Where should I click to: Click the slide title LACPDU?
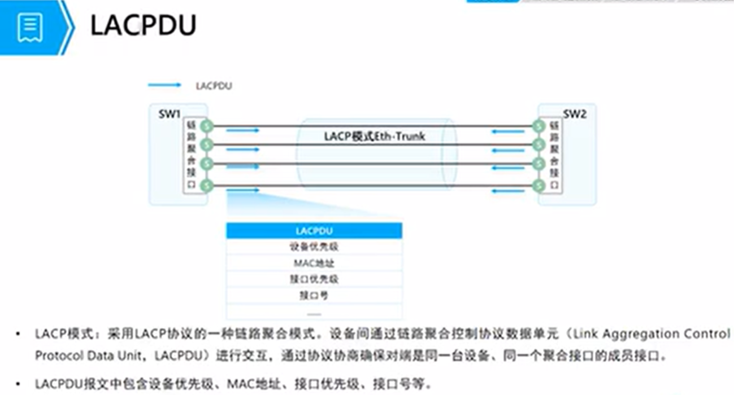coord(144,25)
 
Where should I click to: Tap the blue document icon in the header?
coord(30,28)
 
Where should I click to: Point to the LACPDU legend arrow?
coord(164,85)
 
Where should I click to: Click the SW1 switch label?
coord(170,114)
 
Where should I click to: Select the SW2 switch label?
coord(574,114)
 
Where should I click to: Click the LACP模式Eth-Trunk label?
coord(374,136)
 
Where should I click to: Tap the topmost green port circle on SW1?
coord(207,126)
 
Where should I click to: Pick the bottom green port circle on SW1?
coord(207,185)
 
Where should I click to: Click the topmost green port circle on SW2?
coord(538,126)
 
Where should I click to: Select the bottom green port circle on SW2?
coord(538,185)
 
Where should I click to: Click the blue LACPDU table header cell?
coord(314,231)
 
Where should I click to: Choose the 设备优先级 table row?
coord(314,247)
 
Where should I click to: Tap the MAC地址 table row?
coord(314,263)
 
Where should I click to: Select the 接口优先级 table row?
coord(314,279)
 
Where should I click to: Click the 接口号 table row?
coord(314,295)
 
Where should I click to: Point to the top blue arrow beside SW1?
coord(242,130)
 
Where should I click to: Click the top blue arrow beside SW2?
coord(508,131)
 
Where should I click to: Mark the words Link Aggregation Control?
coord(652,334)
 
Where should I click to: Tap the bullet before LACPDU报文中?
coord(19,384)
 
